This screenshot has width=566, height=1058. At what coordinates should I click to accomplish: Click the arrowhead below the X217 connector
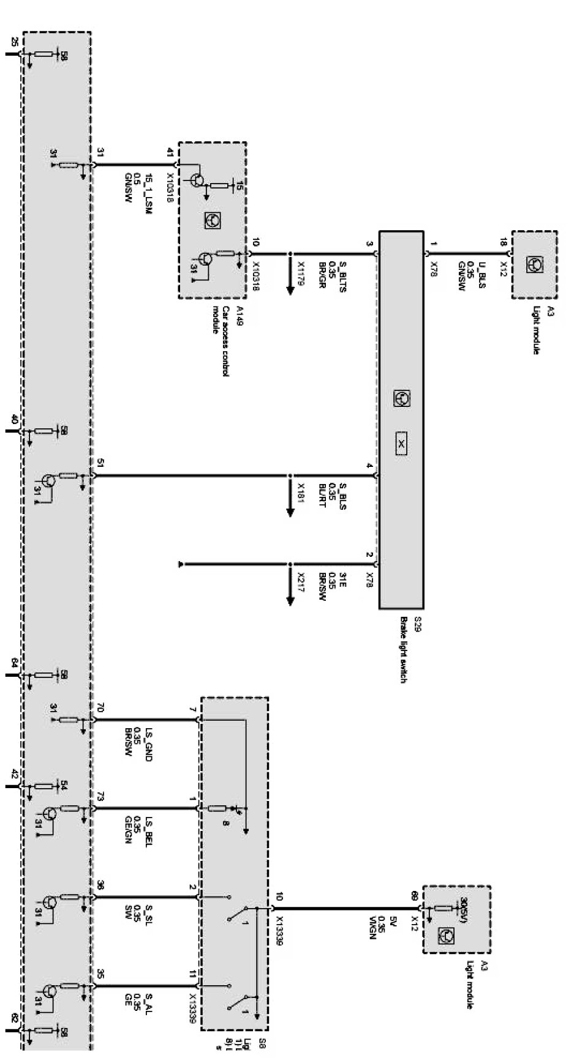click(290, 601)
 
